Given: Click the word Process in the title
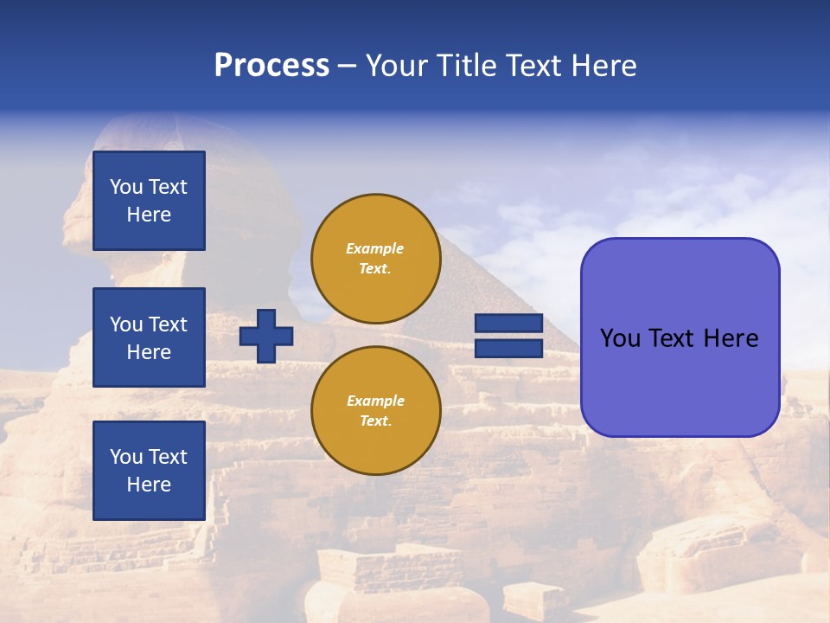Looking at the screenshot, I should (x=271, y=66).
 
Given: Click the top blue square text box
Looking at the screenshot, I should (x=149, y=201).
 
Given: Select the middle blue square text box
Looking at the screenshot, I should (x=149, y=337).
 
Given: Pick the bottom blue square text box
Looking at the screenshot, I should (x=149, y=471).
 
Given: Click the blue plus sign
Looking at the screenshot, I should (x=266, y=336).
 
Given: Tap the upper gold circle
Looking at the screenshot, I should (x=375, y=259).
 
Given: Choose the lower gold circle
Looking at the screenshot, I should (x=375, y=411).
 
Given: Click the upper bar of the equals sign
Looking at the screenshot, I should (x=508, y=323).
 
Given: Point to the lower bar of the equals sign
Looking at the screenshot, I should (x=508, y=349).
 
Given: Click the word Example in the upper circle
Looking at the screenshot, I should (x=375, y=248).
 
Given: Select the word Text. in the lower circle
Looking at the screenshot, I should (x=375, y=421).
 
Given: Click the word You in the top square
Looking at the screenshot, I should (x=126, y=187).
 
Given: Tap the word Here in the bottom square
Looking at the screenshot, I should (x=149, y=485).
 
